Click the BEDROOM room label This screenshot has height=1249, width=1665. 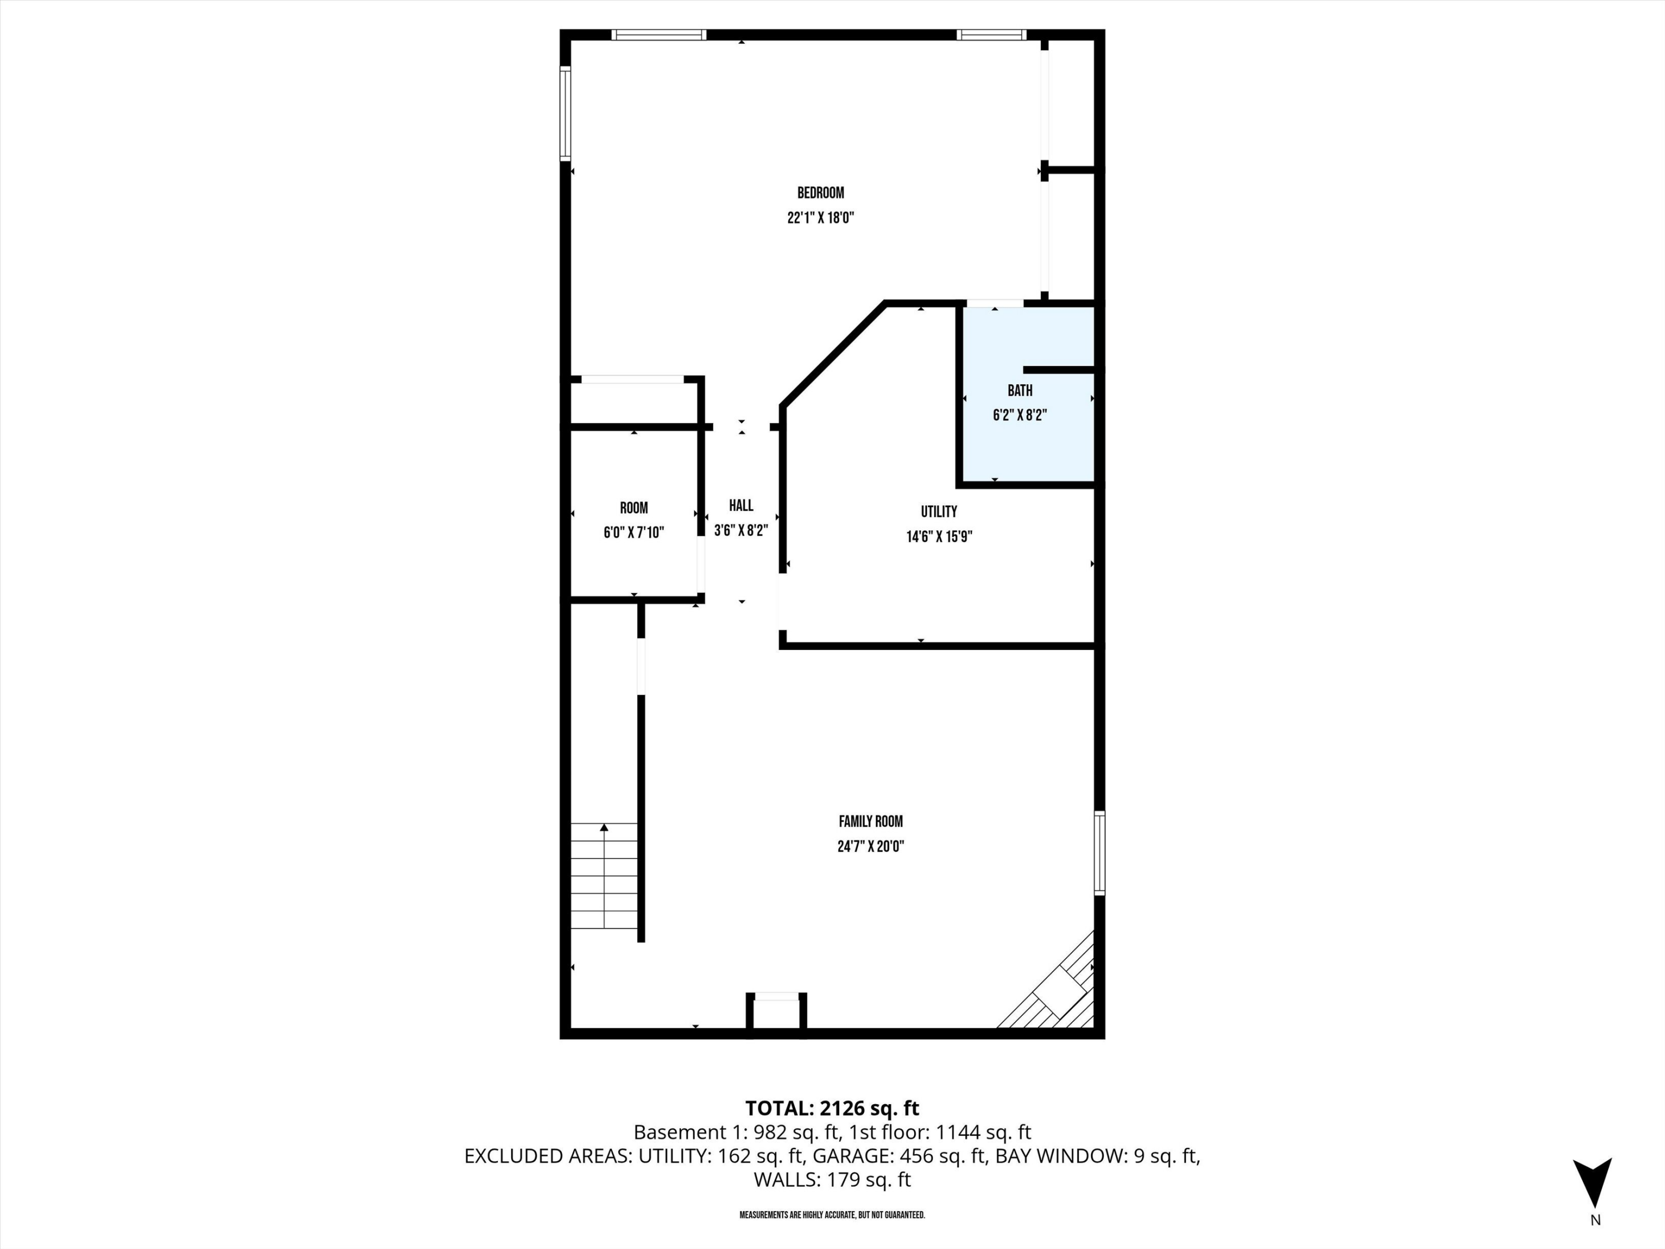(x=820, y=193)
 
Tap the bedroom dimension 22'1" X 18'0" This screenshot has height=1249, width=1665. (x=820, y=218)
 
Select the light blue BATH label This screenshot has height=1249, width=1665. (x=1020, y=390)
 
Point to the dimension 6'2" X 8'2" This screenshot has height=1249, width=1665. (x=1020, y=415)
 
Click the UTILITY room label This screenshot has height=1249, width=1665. (x=939, y=512)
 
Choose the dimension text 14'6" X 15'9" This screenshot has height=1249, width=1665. (x=939, y=537)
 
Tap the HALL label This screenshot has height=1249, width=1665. (x=741, y=506)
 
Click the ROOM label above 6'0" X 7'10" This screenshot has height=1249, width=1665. (x=634, y=508)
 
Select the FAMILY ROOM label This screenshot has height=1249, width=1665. (x=870, y=822)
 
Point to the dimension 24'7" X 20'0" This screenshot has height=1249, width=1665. (x=870, y=846)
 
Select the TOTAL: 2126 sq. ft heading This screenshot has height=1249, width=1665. (x=832, y=1108)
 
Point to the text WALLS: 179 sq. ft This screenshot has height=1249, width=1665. (x=832, y=1180)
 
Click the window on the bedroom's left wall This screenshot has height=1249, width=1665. (x=566, y=113)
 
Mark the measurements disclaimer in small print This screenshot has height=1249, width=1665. (x=832, y=1215)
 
